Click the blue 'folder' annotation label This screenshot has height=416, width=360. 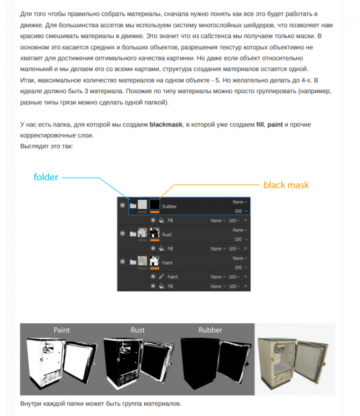[x=46, y=177]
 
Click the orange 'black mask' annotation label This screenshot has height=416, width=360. [x=286, y=185]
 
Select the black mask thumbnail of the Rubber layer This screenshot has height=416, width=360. [x=155, y=206]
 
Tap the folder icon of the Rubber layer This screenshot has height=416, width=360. [x=133, y=206]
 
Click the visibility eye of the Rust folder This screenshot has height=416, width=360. [x=122, y=234]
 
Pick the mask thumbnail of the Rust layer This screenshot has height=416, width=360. [x=155, y=234]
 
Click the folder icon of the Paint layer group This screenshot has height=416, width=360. [x=133, y=261]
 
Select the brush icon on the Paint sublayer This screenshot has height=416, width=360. [x=161, y=276]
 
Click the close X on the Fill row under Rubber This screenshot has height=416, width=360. [x=246, y=220]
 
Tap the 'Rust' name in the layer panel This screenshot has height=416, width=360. [x=167, y=234]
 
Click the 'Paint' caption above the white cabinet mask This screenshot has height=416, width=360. [x=62, y=330]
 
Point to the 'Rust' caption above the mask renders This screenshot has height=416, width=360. [x=138, y=330]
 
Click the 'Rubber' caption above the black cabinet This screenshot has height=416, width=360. [x=210, y=330]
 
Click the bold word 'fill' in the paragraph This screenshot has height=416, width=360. [x=260, y=125]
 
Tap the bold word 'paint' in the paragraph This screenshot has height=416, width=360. [x=275, y=125]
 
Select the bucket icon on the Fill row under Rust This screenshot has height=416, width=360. [x=161, y=248]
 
